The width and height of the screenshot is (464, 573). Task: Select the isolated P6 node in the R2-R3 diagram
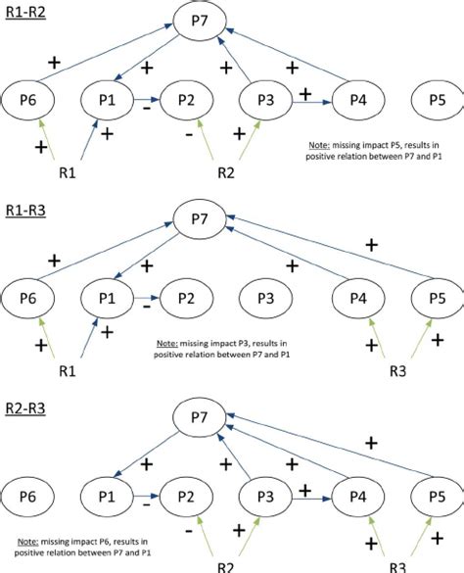point(29,490)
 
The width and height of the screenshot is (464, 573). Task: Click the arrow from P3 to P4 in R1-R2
point(311,100)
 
